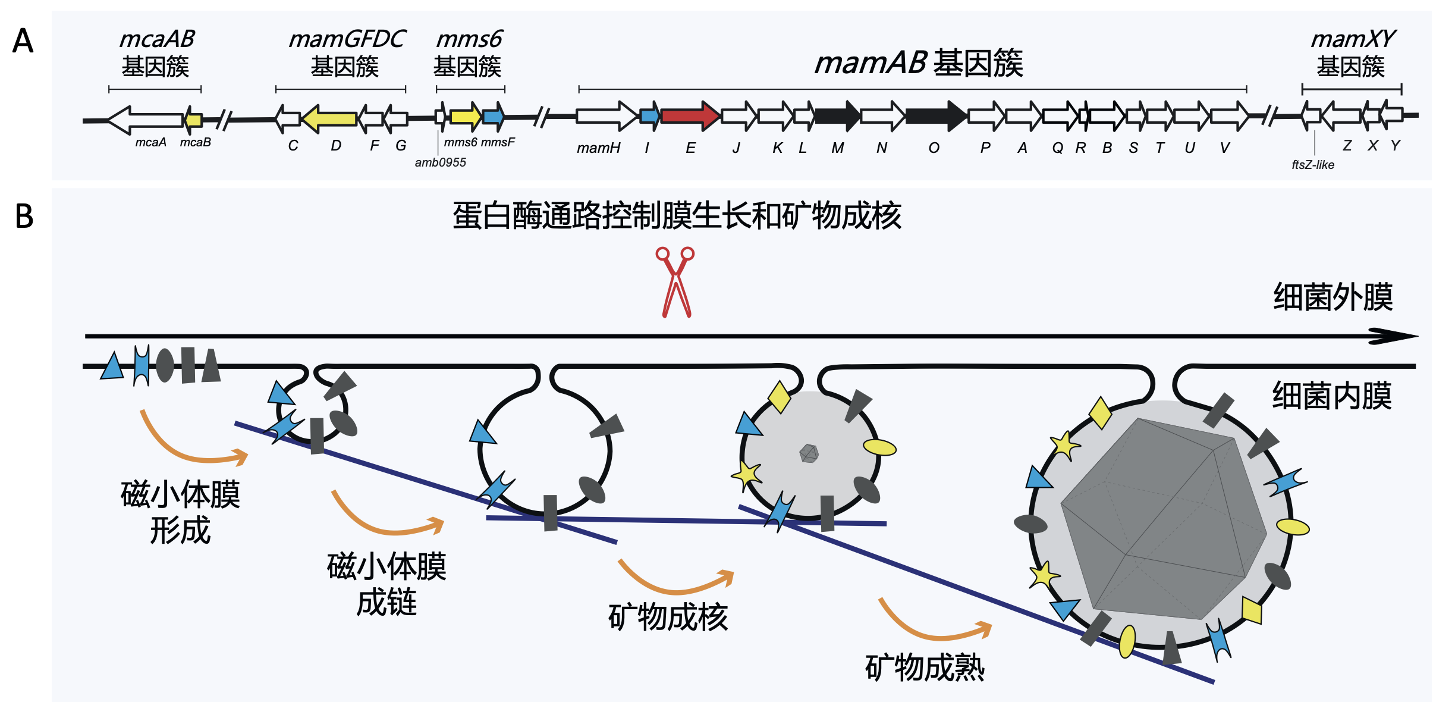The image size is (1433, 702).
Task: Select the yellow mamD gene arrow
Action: coord(330,118)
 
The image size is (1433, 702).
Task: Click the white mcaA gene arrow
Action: coord(146,120)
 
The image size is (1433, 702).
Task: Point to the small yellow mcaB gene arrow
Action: coord(193,120)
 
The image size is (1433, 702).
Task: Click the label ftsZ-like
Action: coord(1312,165)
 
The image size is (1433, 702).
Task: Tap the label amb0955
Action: coord(440,162)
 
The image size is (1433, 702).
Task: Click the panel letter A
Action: coord(23,42)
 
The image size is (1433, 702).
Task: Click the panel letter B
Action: coord(24,217)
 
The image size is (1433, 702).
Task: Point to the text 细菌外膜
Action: coord(1333,297)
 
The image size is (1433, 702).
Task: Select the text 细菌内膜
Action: coord(1331,396)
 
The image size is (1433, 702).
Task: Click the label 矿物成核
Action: coord(668,617)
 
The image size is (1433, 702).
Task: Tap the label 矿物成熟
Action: coord(925,667)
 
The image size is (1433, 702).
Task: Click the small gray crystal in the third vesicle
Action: coord(809,453)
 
